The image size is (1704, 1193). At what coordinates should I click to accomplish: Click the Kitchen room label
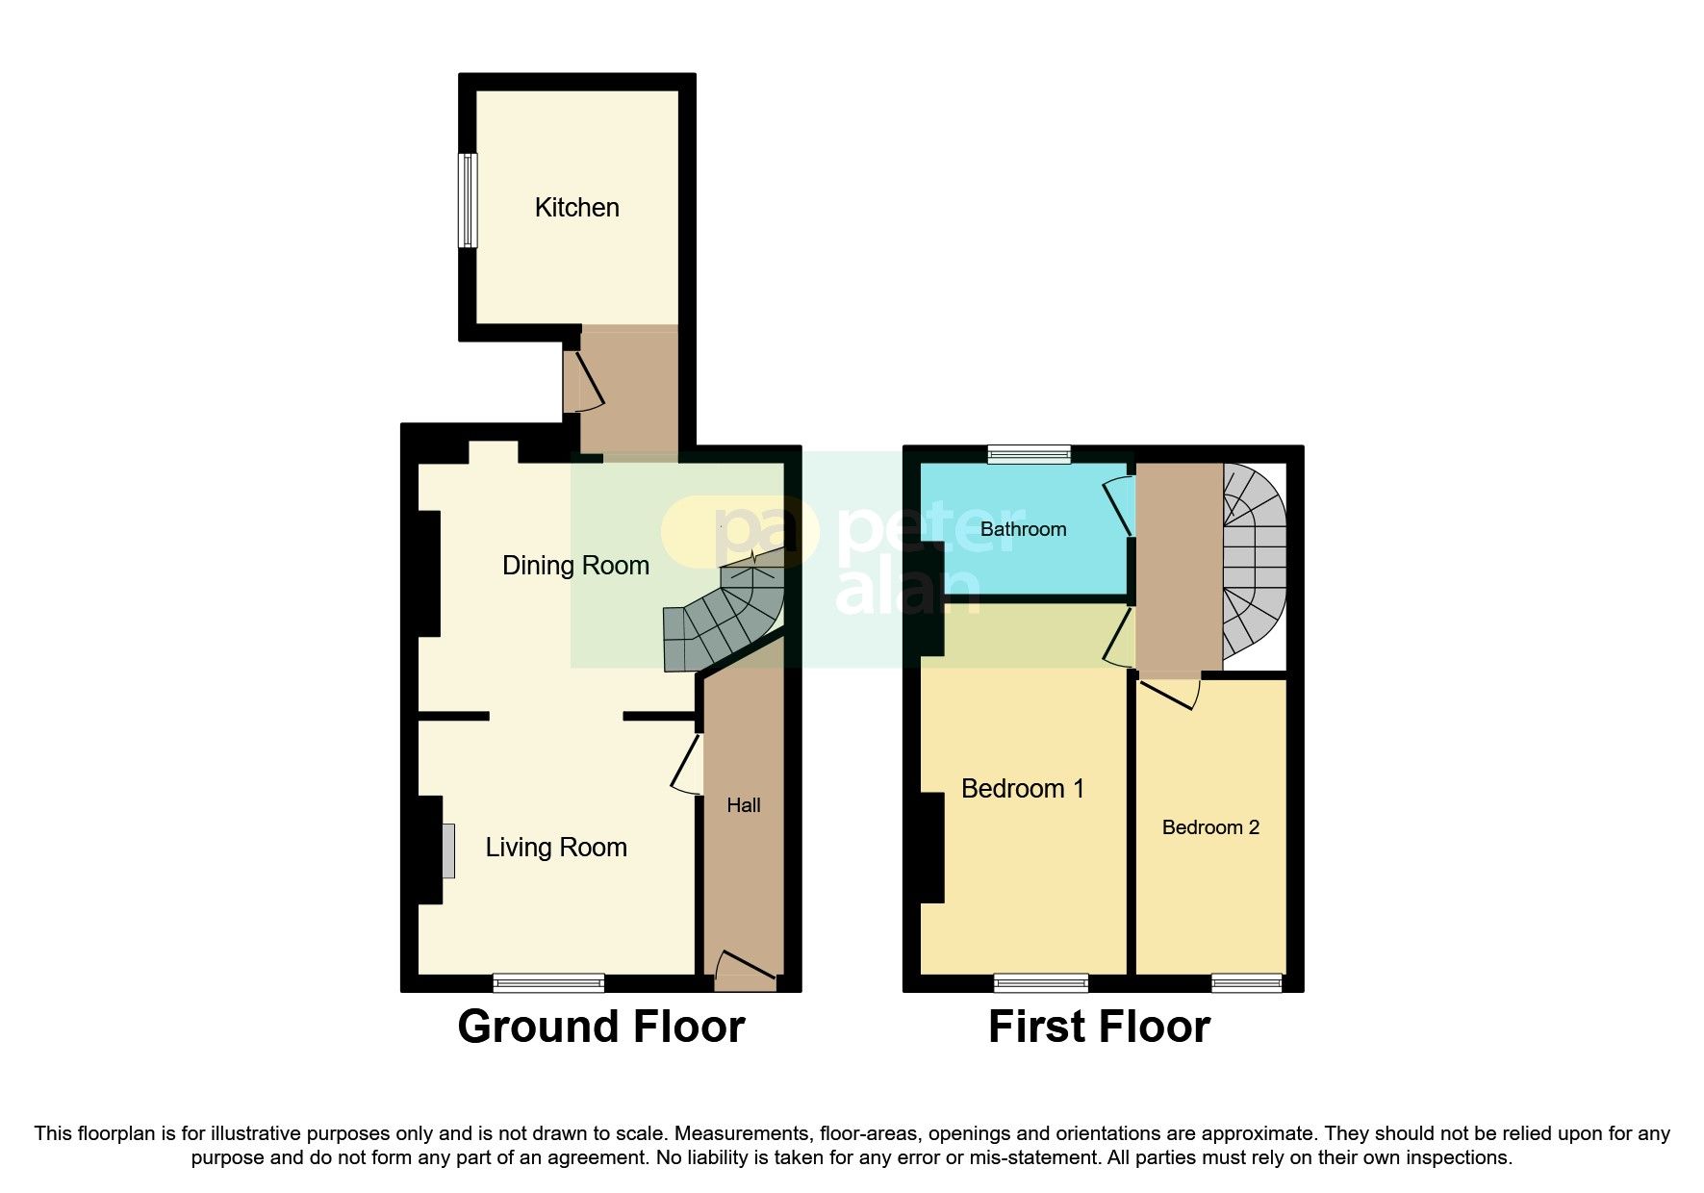pyautogui.click(x=576, y=207)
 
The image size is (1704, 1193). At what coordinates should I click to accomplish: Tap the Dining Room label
pyautogui.click(x=575, y=565)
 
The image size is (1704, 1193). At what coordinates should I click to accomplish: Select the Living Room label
pyautogui.click(x=555, y=847)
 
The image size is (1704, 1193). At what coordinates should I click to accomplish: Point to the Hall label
pyautogui.click(x=743, y=805)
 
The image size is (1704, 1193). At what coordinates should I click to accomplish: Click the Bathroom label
pyautogui.click(x=1023, y=529)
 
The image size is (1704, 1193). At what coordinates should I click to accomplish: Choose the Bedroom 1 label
pyautogui.click(x=1022, y=789)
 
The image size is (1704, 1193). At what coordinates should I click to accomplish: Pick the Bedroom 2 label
pyautogui.click(x=1209, y=827)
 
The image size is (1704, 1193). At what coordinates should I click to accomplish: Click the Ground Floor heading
pyautogui.click(x=600, y=1027)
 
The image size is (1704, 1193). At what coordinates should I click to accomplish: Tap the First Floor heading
pyautogui.click(x=1098, y=1027)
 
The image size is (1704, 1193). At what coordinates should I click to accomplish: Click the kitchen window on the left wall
pyautogui.click(x=468, y=200)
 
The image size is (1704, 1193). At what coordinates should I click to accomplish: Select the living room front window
pyautogui.click(x=548, y=982)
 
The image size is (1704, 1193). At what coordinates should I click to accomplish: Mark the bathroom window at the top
pyautogui.click(x=1030, y=455)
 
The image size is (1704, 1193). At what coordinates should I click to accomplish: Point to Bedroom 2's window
pyautogui.click(x=1246, y=982)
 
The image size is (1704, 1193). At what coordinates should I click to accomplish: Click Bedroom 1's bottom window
pyautogui.click(x=1040, y=982)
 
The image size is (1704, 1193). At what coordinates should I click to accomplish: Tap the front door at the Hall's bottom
pyautogui.click(x=745, y=972)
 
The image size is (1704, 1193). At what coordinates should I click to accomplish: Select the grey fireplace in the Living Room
pyautogui.click(x=448, y=850)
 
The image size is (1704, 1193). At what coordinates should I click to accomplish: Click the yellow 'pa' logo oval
pyautogui.click(x=736, y=529)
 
